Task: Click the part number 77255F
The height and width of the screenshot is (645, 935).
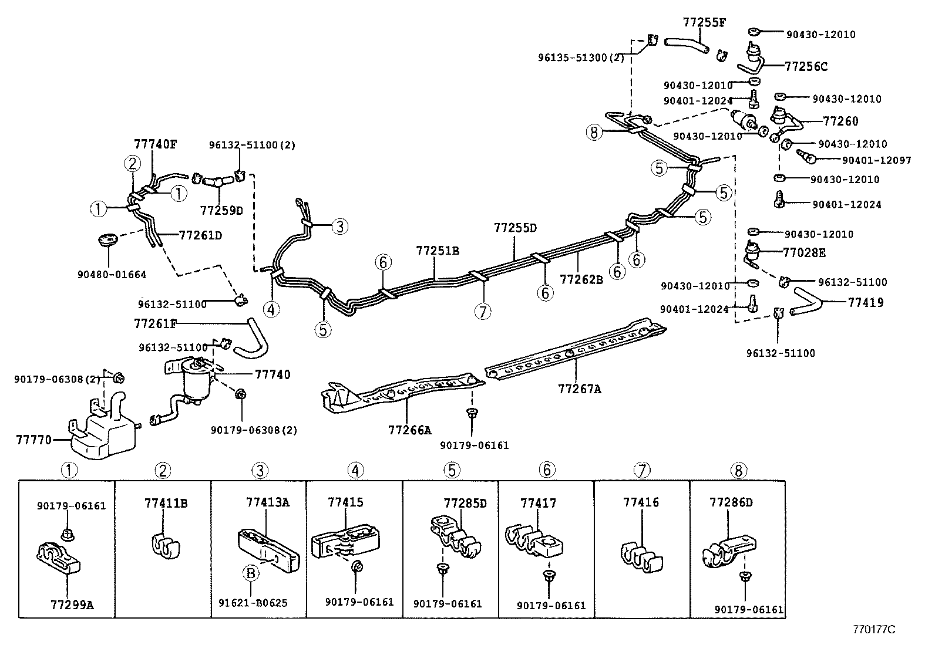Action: [704, 23]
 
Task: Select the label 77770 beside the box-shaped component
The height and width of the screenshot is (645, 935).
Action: [33, 439]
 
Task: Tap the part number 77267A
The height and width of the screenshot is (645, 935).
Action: [579, 389]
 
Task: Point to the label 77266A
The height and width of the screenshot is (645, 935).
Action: [409, 430]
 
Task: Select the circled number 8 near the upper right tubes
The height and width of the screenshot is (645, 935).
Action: [594, 133]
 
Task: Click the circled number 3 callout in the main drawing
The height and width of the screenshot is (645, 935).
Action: [339, 226]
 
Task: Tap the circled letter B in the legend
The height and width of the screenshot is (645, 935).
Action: [251, 573]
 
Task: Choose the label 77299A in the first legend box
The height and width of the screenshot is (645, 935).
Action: [68, 604]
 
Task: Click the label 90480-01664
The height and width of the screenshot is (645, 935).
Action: [111, 274]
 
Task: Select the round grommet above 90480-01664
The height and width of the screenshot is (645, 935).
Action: [107, 240]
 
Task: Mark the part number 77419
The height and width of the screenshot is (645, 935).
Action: [865, 303]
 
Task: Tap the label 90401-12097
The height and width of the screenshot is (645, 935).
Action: [876, 160]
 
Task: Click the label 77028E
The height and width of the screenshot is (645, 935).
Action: [803, 252]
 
